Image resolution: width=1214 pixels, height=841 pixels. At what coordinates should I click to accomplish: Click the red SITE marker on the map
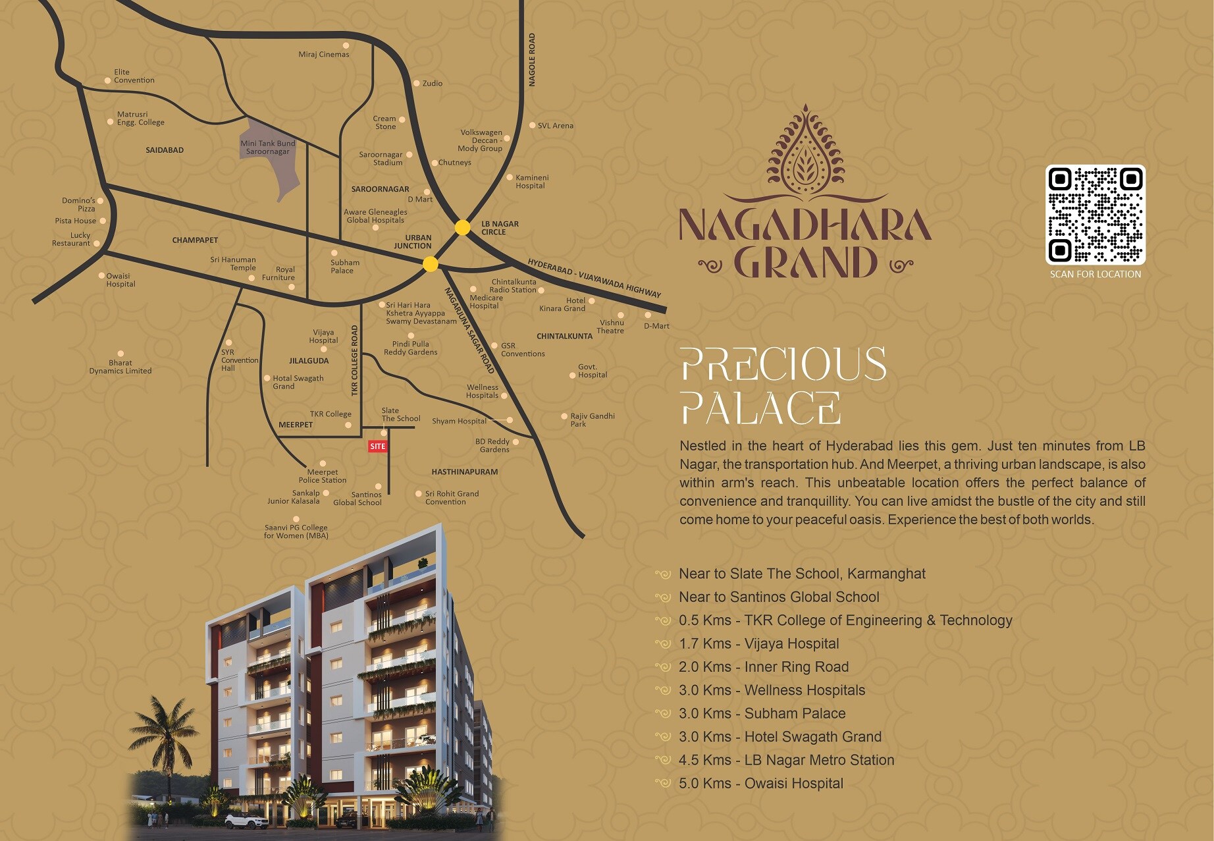tap(377, 447)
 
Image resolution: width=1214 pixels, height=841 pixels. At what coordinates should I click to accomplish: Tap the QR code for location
tap(1095, 215)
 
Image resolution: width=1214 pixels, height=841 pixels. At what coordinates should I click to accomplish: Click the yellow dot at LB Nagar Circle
tap(463, 227)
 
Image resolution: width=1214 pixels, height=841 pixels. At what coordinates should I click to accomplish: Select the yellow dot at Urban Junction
tap(430, 264)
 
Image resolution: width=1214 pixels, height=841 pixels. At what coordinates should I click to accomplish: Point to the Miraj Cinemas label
tap(324, 54)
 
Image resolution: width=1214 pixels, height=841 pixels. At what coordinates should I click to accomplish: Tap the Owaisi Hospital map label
tap(120, 280)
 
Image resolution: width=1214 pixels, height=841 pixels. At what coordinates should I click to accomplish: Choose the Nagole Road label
tap(532, 60)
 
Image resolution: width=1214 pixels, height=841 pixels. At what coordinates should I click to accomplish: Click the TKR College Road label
tap(355, 360)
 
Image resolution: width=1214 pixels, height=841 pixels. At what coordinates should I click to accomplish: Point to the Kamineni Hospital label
tap(531, 182)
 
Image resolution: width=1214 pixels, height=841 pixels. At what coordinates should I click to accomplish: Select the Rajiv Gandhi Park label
tap(592, 420)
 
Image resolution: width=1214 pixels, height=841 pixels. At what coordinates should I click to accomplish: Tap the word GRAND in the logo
tap(805, 263)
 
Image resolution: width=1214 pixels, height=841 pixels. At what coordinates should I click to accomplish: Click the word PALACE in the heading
tap(760, 408)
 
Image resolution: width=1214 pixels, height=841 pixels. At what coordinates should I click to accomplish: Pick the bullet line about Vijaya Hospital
tap(758, 643)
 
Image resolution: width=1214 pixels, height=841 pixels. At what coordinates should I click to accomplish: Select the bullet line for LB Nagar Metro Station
tap(786, 760)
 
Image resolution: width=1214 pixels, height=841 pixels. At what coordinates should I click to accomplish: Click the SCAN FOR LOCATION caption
tap(1095, 274)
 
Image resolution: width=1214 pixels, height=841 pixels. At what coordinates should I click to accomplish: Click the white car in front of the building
tap(246, 821)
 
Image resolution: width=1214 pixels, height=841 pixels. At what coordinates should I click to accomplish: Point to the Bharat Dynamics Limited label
tap(120, 367)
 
